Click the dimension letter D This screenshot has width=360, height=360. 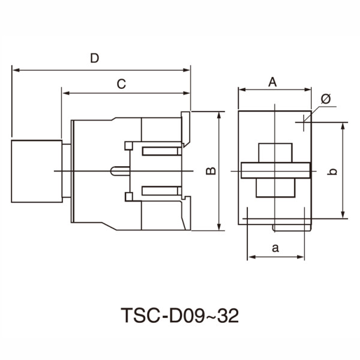pyautogui.click(x=94, y=58)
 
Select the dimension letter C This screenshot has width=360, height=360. pyautogui.click(x=121, y=85)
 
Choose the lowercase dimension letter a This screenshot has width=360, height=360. pyautogui.click(x=275, y=248)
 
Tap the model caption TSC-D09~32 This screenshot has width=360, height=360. pyautogui.click(x=180, y=315)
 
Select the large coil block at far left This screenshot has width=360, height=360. pyautogui.click(x=37, y=172)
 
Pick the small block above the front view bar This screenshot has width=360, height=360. pyautogui.click(x=275, y=152)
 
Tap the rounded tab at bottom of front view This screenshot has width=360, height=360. pyautogui.click(x=292, y=227)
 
